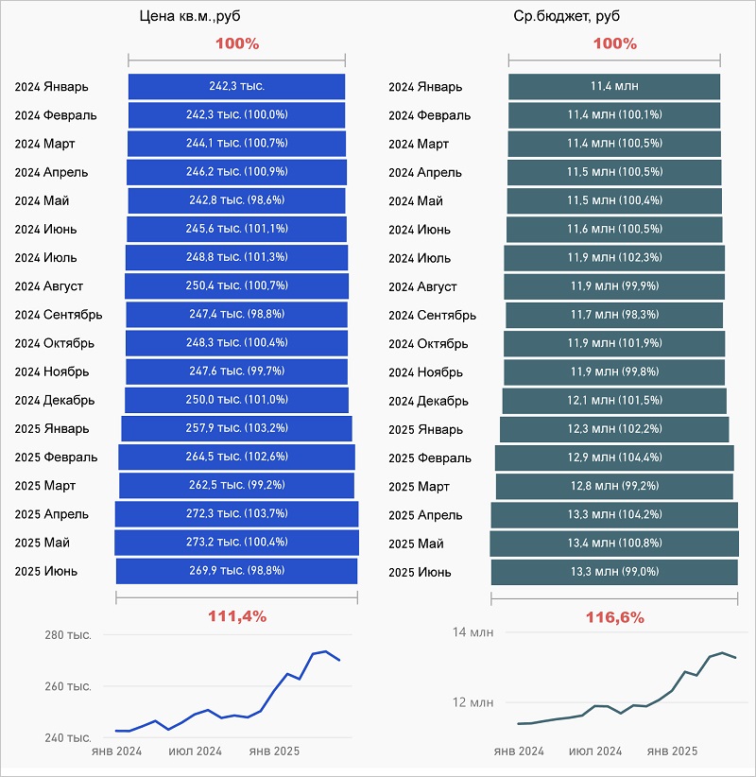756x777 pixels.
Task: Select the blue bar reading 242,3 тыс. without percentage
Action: click(236, 86)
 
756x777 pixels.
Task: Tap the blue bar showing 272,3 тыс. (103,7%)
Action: click(236, 513)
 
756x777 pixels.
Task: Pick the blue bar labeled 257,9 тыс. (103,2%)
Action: click(236, 428)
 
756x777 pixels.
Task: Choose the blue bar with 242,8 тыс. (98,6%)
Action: click(236, 200)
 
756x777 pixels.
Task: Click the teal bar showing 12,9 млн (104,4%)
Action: click(614, 458)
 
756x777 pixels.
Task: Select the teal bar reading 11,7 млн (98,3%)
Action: click(614, 315)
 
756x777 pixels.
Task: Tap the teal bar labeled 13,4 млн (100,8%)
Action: click(614, 543)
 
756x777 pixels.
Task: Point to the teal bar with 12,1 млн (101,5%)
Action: click(614, 401)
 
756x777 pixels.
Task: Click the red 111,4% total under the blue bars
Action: click(236, 616)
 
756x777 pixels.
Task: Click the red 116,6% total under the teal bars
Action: click(614, 617)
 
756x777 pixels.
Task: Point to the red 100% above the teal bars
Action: click(614, 43)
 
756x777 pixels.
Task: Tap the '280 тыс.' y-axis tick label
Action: click(68, 635)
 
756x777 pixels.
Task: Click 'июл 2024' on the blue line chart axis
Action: click(195, 751)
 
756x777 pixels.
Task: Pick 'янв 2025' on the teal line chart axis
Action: click(672, 751)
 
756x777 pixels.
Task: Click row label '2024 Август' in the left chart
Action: click(49, 285)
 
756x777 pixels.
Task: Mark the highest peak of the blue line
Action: click(325, 651)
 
